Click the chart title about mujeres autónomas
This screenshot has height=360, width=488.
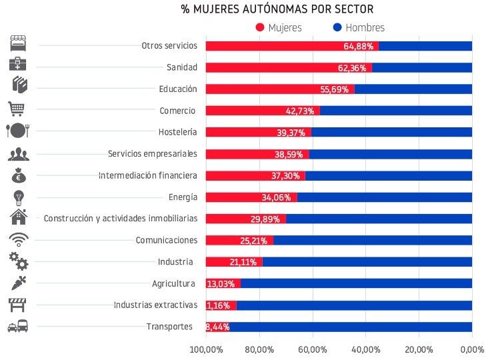tap(277, 9)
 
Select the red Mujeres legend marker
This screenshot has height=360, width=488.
tap(260, 27)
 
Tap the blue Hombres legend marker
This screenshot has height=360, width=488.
tap(337, 27)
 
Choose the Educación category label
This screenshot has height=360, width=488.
tap(178, 89)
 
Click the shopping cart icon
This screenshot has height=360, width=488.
tap(17, 108)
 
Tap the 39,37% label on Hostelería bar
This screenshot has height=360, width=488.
tap(291, 133)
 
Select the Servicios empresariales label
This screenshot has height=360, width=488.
tap(153, 154)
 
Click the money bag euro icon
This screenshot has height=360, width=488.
tap(18, 176)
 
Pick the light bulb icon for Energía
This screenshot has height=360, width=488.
tap(18, 197)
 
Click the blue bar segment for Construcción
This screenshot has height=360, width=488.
tap(379, 219)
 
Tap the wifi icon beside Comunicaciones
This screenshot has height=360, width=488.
tap(18, 239)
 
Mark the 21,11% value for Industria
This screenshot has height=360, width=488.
tap(243, 262)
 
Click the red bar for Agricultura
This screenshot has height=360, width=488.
tap(223, 283)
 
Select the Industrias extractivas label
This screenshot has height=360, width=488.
tap(155, 305)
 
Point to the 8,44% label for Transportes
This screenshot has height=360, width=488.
tap(217, 327)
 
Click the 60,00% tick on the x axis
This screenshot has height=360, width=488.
tap(312, 349)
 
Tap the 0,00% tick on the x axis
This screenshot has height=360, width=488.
tap(471, 349)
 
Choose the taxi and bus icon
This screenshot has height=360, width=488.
tap(18, 327)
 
